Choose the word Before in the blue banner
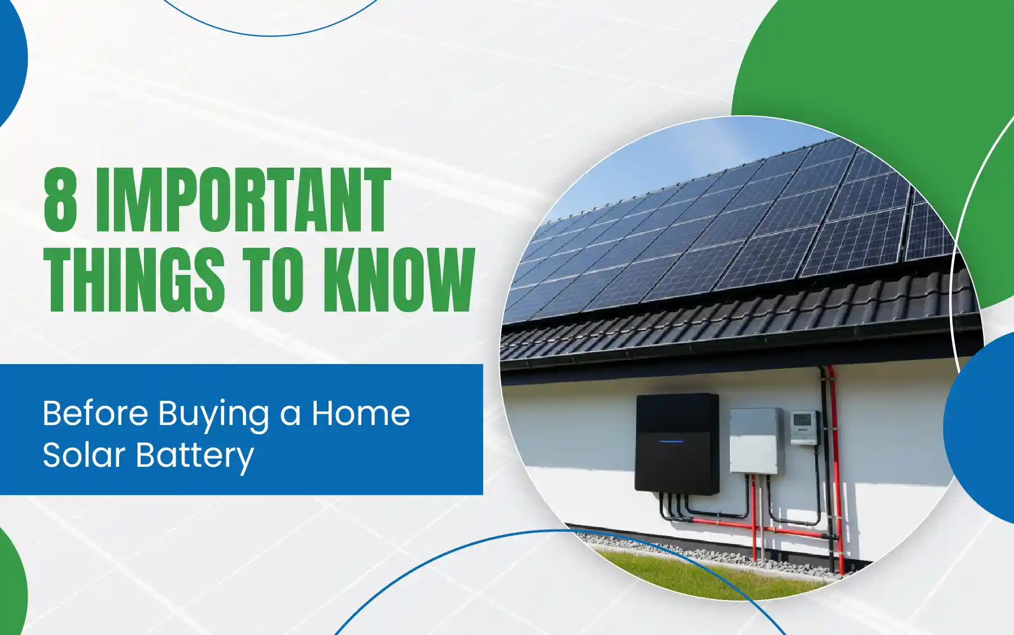click(x=95, y=413)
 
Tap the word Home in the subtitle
click(x=360, y=413)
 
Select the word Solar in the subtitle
click(x=84, y=455)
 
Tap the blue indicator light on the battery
click(x=671, y=441)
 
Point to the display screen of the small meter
click(x=802, y=419)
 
